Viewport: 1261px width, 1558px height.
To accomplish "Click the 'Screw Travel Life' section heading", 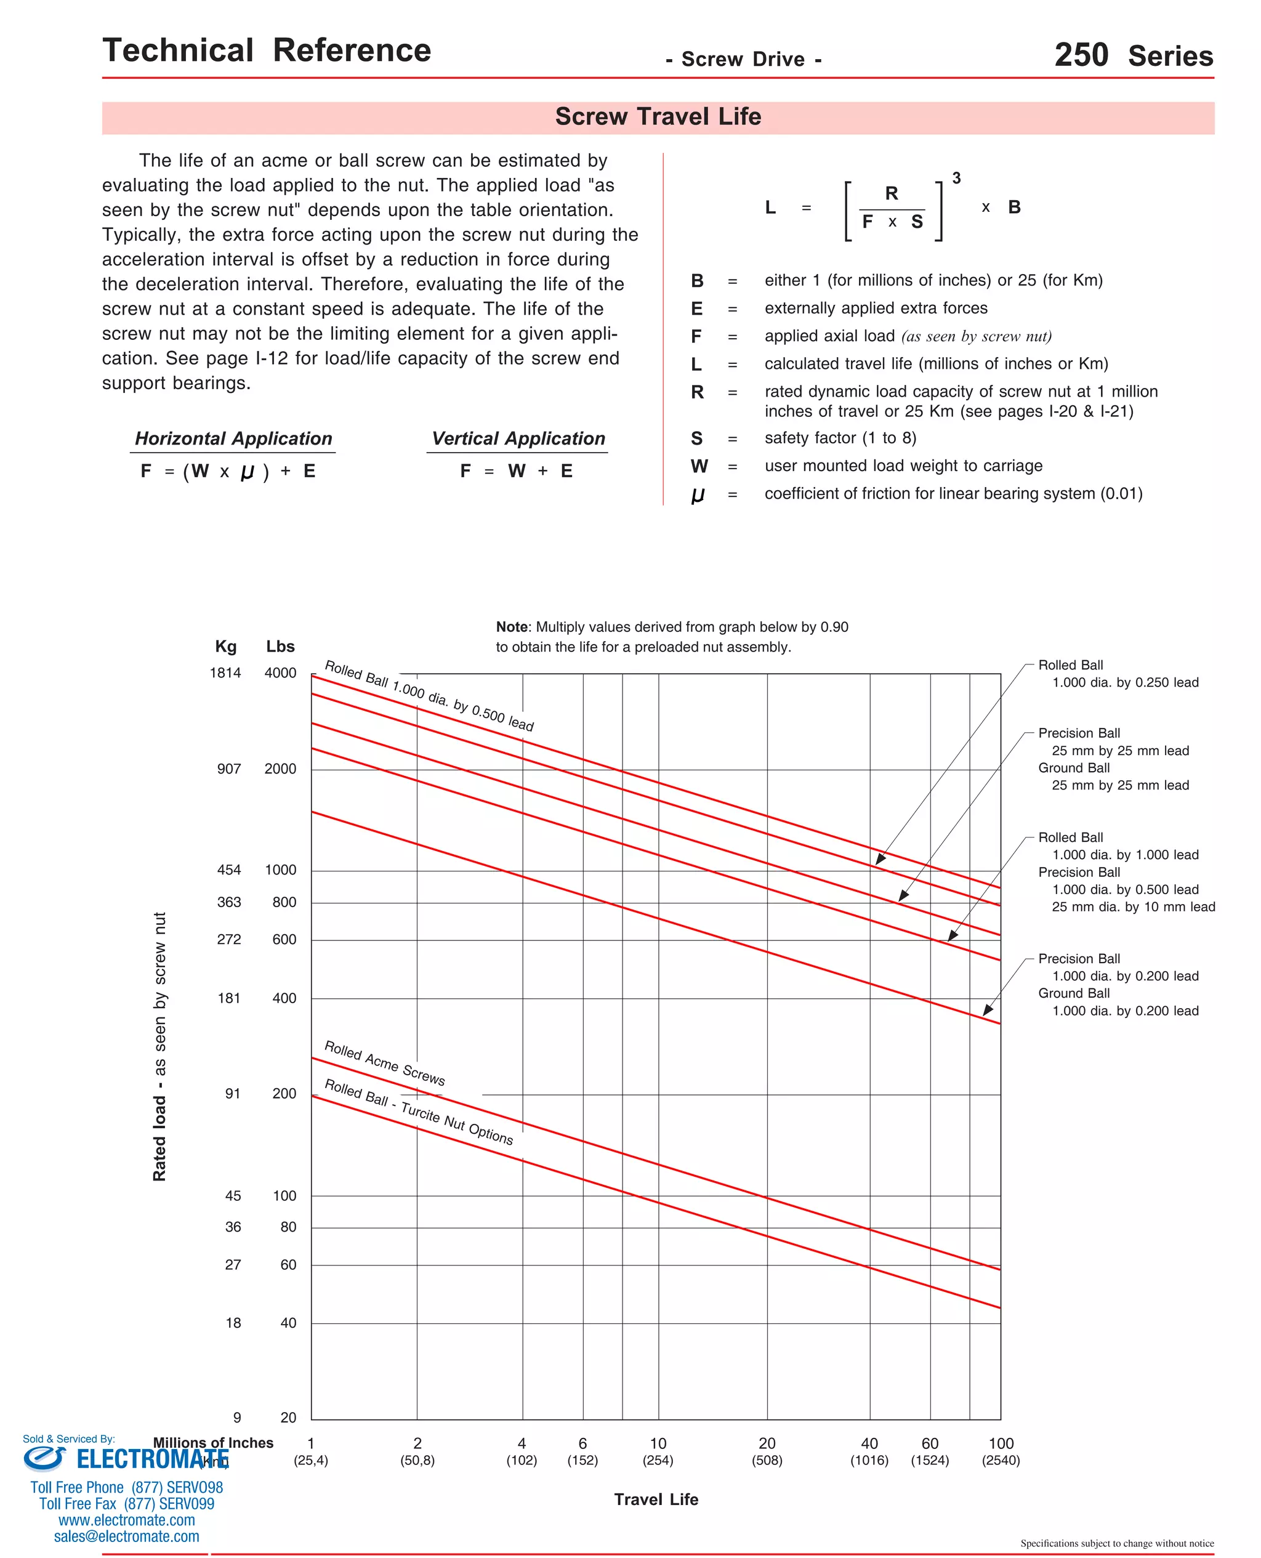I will (x=658, y=117).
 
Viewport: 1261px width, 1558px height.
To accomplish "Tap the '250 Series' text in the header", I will (x=1132, y=55).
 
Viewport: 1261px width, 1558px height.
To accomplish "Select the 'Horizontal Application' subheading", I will (x=233, y=438).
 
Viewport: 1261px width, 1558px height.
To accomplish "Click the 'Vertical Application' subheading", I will (x=518, y=438).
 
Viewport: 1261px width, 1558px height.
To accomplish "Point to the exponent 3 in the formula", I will (x=956, y=179).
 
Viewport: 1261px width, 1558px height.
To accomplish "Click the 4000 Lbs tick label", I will (x=280, y=673).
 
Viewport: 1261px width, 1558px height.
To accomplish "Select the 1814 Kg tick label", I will (x=225, y=673).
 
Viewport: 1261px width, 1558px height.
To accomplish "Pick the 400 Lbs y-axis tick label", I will (x=284, y=999).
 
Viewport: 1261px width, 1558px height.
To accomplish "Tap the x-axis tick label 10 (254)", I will (x=658, y=1451).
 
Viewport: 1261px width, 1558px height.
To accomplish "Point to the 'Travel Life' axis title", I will (x=656, y=1499).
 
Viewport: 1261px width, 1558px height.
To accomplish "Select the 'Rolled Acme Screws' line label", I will (x=384, y=1064).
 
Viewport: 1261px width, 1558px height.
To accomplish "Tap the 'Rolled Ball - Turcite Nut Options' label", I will (x=419, y=1112).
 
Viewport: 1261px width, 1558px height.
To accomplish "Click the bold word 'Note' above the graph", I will (x=512, y=627).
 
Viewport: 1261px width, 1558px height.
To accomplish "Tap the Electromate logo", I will (x=126, y=1458).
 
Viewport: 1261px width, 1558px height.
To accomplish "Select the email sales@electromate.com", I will (x=126, y=1536).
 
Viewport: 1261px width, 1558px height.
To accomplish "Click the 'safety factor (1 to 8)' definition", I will (x=840, y=438).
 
